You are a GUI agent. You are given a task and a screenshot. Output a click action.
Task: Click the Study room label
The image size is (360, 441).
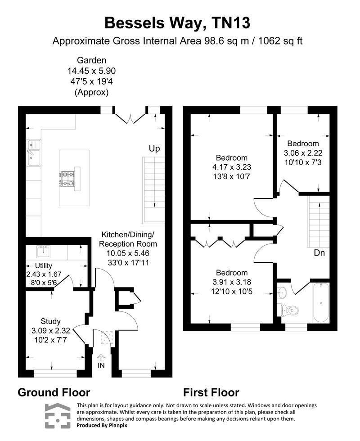50,321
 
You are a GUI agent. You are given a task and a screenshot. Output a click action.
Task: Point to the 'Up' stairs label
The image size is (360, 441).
154,148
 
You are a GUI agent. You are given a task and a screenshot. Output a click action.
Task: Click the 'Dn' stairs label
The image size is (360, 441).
319,253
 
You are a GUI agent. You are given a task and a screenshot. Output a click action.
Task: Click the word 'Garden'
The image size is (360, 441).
91,60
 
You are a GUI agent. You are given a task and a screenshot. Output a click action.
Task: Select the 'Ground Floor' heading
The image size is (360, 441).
54,392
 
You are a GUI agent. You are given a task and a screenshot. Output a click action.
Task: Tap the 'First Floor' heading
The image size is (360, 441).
211,392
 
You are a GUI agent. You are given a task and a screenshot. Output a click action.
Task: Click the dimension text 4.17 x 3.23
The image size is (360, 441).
232,167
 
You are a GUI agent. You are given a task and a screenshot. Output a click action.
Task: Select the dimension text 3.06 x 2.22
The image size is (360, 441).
303,153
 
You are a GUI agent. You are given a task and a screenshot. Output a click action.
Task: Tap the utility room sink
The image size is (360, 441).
44,250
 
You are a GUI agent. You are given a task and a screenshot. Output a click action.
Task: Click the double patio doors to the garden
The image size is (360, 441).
130,117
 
